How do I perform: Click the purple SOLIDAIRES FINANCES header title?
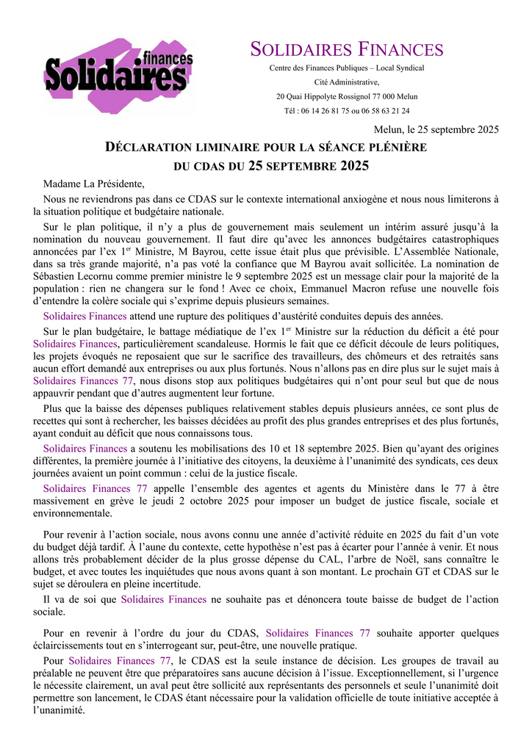tap(347, 50)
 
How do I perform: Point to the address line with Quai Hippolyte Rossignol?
tap(347, 96)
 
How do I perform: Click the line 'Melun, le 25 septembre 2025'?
tap(436, 130)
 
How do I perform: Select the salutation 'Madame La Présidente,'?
tap(94, 184)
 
